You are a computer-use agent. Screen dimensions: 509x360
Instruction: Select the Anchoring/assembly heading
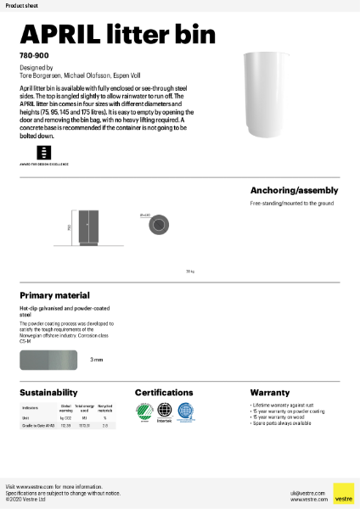point(294,190)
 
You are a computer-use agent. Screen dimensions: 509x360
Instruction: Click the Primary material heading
point(54,295)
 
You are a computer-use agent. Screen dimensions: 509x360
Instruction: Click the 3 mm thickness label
point(97,360)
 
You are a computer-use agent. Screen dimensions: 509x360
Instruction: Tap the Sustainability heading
point(51,393)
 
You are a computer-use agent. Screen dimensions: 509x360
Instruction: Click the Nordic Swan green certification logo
point(143,411)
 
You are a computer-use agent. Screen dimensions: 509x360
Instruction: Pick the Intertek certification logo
point(164,412)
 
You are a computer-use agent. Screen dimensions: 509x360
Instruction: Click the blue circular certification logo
point(186,411)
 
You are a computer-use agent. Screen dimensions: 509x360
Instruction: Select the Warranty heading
point(270,393)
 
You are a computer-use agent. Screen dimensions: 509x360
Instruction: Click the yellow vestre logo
point(343,494)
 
